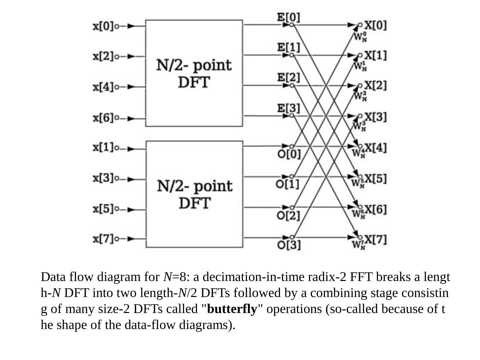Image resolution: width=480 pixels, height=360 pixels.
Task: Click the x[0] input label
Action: pyautogui.click(x=103, y=26)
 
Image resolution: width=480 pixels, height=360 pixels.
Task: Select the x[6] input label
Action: pyautogui.click(x=103, y=118)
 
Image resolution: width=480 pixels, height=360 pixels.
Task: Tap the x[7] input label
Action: pyautogui.click(x=103, y=239)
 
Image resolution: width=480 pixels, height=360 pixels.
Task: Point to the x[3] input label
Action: pyautogui.click(x=103, y=178)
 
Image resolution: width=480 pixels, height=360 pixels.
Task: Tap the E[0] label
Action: pyautogui.click(x=289, y=17)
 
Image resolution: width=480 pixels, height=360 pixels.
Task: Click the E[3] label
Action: pyautogui.click(x=289, y=108)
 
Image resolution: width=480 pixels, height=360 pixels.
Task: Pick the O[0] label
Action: pyautogui.click(x=289, y=154)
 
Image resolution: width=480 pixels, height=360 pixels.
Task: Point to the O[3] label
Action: pyautogui.click(x=289, y=245)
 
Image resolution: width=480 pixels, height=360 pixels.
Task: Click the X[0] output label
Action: pyautogui.click(x=375, y=25)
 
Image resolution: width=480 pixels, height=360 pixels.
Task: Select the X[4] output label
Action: pyautogui.click(x=375, y=147)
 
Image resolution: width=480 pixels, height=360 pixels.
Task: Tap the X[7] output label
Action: pyautogui.click(x=375, y=239)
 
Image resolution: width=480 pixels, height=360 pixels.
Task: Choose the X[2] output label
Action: pyautogui.click(x=375, y=86)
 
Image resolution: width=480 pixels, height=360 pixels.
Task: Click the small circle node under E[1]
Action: pyautogui.click(x=292, y=55)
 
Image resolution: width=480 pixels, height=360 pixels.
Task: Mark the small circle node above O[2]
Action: pyautogui.click(x=292, y=207)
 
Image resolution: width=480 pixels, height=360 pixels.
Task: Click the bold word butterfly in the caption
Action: pyautogui.click(x=232, y=309)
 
